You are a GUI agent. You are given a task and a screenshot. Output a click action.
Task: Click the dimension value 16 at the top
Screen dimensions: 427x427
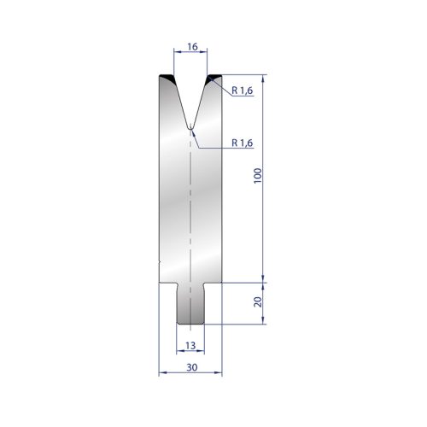pyautogui.click(x=192, y=47)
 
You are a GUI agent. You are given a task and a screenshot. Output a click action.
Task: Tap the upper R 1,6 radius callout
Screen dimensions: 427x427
pyautogui.click(x=243, y=91)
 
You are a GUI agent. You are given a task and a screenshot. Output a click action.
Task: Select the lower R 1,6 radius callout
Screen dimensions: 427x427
pyautogui.click(x=243, y=143)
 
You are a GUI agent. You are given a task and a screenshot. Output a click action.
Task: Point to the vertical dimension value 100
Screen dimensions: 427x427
pyautogui.click(x=257, y=176)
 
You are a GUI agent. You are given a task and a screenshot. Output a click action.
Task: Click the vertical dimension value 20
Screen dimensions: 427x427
pyautogui.click(x=257, y=301)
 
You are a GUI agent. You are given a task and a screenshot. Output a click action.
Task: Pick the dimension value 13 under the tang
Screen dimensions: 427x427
pyautogui.click(x=190, y=346)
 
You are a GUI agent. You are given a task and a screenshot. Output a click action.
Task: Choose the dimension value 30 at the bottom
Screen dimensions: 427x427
pyautogui.click(x=192, y=367)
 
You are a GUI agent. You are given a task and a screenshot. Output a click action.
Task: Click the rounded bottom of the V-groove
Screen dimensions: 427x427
pyautogui.click(x=190, y=128)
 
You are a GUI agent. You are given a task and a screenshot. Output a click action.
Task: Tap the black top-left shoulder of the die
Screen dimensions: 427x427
pyautogui.click(x=167, y=78)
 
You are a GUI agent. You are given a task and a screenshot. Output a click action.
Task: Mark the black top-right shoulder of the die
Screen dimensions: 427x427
pyautogui.click(x=213, y=78)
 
